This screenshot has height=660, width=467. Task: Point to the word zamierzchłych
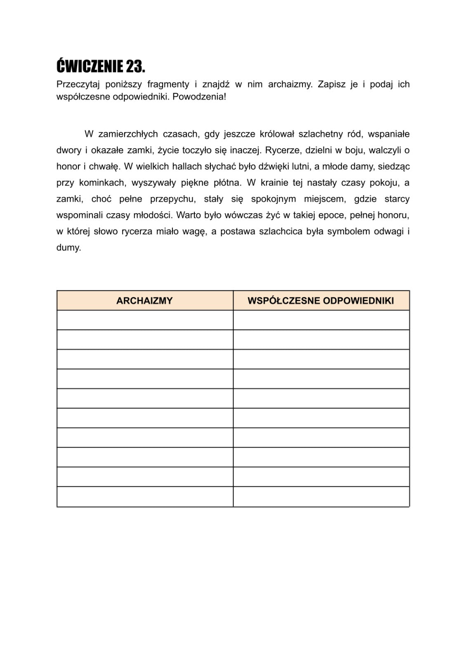pyautogui.click(x=128, y=134)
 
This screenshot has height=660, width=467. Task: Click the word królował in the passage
pyautogui.click(x=276, y=134)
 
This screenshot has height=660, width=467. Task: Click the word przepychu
pyautogui.click(x=172, y=199)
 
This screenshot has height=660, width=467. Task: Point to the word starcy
pyautogui.click(x=397, y=199)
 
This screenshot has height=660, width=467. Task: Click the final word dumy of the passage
pyautogui.click(x=68, y=248)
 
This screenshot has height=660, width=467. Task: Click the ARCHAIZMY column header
pyautogui.click(x=144, y=301)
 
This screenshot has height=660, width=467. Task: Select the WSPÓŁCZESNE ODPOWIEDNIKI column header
pyautogui.click(x=321, y=301)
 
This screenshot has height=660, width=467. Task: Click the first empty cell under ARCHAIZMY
pyautogui.click(x=145, y=320)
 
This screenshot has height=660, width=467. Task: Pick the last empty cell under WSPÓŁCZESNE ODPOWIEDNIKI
pyautogui.click(x=321, y=497)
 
